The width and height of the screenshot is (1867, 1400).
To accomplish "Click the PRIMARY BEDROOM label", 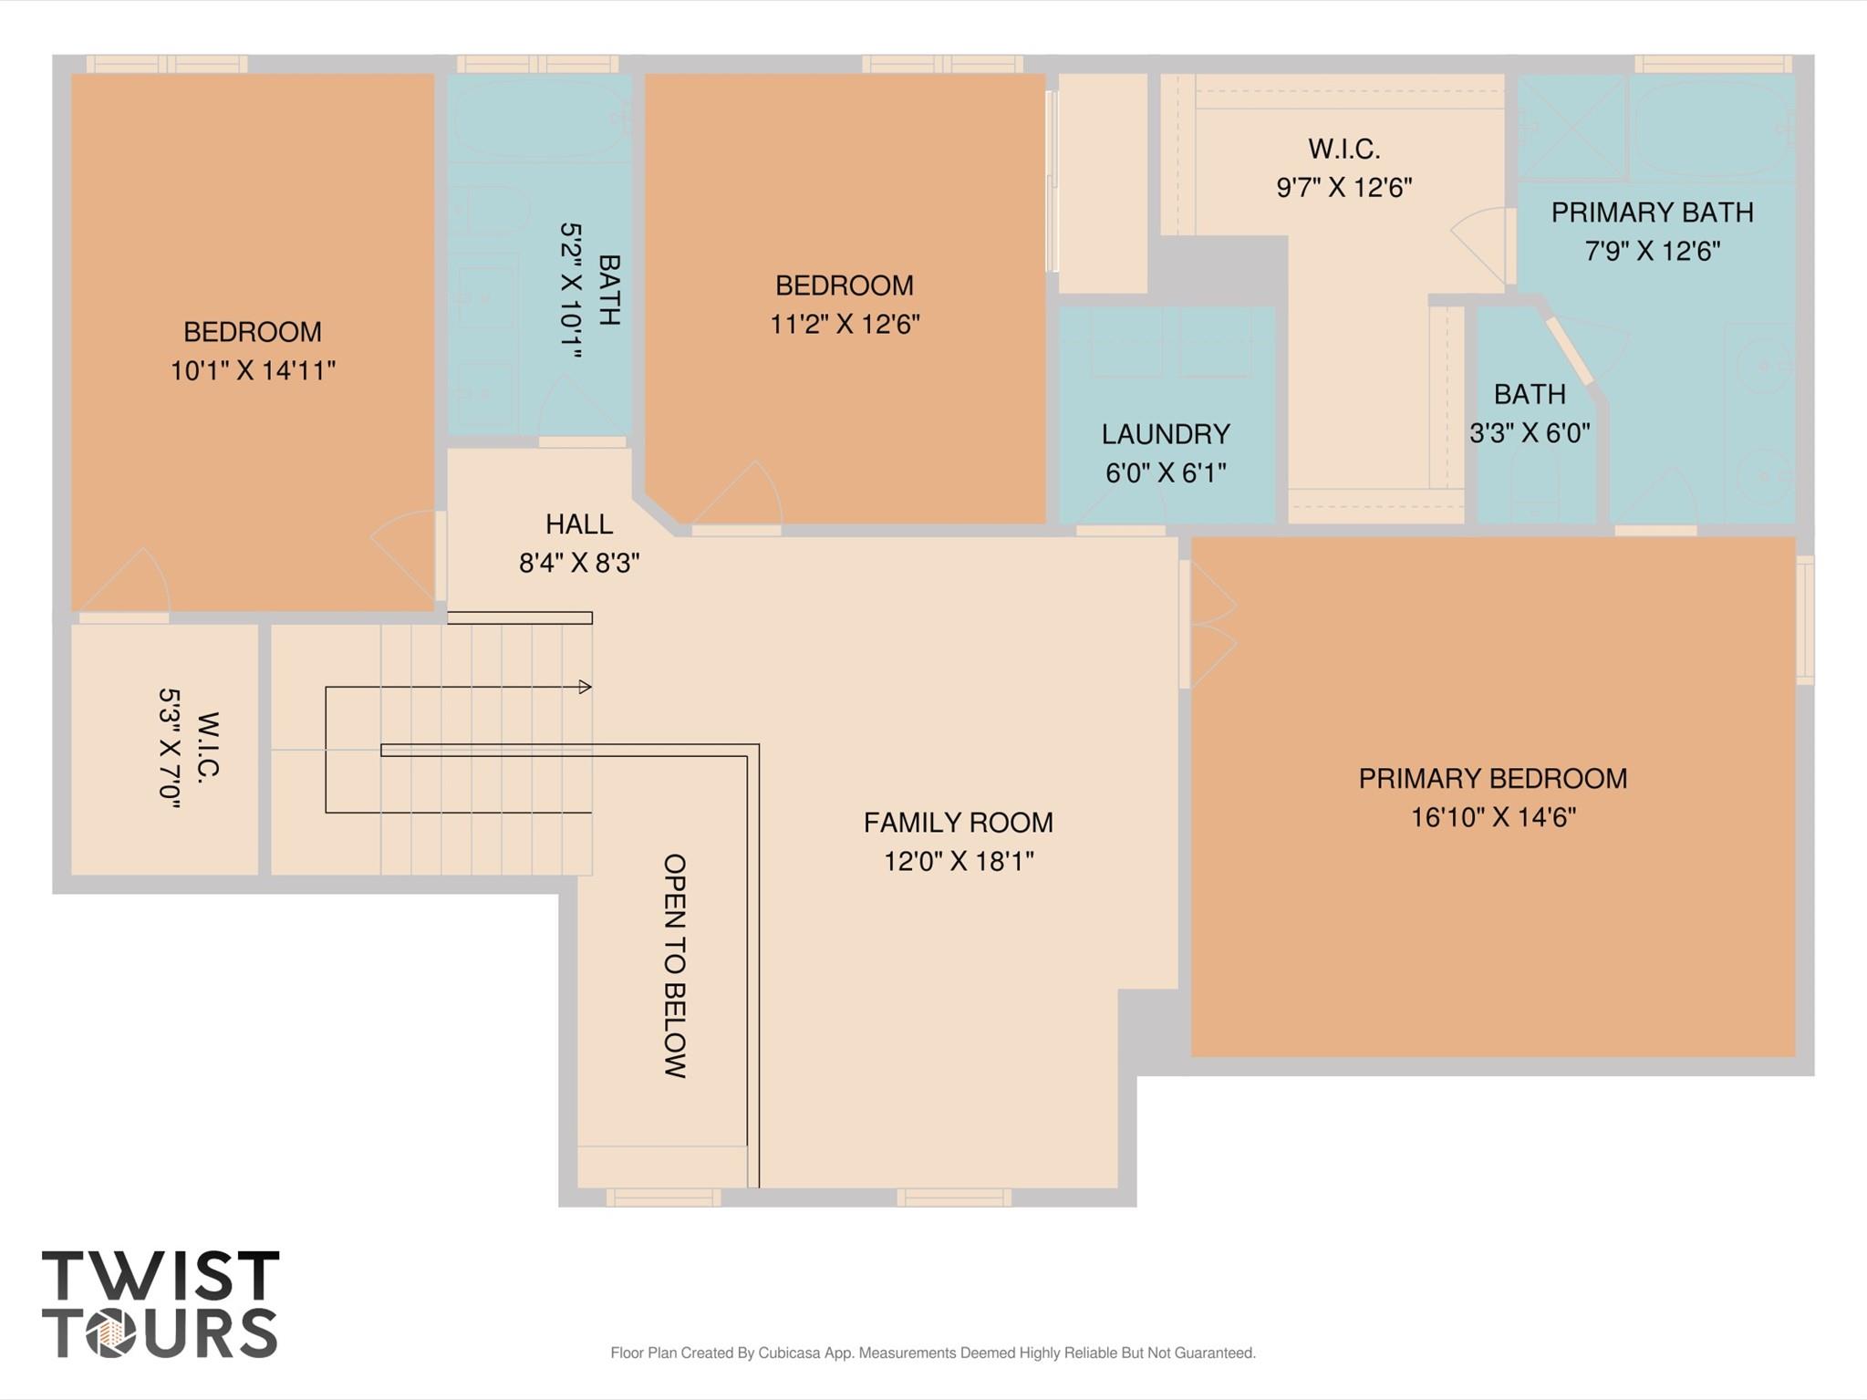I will (x=1493, y=778).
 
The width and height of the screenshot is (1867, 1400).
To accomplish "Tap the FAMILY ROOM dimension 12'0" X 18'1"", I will (x=959, y=861).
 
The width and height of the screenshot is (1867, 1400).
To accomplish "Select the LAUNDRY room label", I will (x=1166, y=434).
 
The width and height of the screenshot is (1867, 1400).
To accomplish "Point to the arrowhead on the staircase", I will (x=586, y=687).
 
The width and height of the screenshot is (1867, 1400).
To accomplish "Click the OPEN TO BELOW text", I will (x=675, y=966).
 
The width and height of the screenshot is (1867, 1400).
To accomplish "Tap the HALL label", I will (x=579, y=524).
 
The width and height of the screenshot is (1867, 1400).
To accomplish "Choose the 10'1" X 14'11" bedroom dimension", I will (x=253, y=371).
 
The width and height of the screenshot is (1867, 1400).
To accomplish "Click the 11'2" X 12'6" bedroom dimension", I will (x=845, y=325).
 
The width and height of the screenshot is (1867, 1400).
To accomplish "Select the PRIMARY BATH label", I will (x=1652, y=213).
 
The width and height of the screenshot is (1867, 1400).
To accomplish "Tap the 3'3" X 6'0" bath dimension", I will (x=1530, y=433).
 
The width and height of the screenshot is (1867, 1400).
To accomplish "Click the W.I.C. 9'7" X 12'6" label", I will (x=1343, y=149).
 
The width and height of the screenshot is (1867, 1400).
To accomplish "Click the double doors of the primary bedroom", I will (x=1211, y=625).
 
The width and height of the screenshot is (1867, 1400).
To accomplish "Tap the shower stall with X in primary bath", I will (x=1571, y=127).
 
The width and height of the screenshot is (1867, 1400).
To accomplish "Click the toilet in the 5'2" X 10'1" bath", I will (x=493, y=210).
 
